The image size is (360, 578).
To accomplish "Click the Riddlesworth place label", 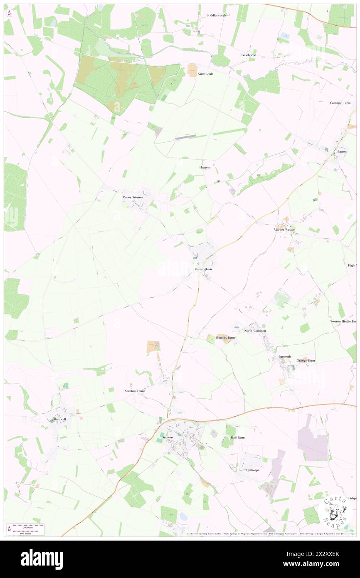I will (x=216, y=15).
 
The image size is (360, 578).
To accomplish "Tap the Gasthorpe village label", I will (x=249, y=55).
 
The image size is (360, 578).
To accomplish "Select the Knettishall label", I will (x=205, y=74).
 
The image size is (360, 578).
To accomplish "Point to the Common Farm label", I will (x=340, y=103).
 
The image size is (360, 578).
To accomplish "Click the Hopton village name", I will (x=341, y=151).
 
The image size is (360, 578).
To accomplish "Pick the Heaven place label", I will (x=203, y=167).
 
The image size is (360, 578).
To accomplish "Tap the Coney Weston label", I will (x=132, y=197).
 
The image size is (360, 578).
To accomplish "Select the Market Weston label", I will (x=284, y=230).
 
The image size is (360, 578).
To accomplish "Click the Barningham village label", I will (x=204, y=269).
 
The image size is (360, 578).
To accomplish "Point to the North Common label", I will (x=255, y=331).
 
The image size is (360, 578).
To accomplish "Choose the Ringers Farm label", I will (x=225, y=338).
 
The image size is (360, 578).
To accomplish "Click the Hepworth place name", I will (x=284, y=357).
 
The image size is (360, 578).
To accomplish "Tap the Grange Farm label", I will (x=306, y=361).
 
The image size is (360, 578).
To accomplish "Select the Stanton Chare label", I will (x=135, y=391).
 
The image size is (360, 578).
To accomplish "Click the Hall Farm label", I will (x=238, y=437).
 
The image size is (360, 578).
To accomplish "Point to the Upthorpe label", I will (x=253, y=470).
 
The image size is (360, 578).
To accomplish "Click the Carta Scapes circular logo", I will (x=335, y=511).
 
